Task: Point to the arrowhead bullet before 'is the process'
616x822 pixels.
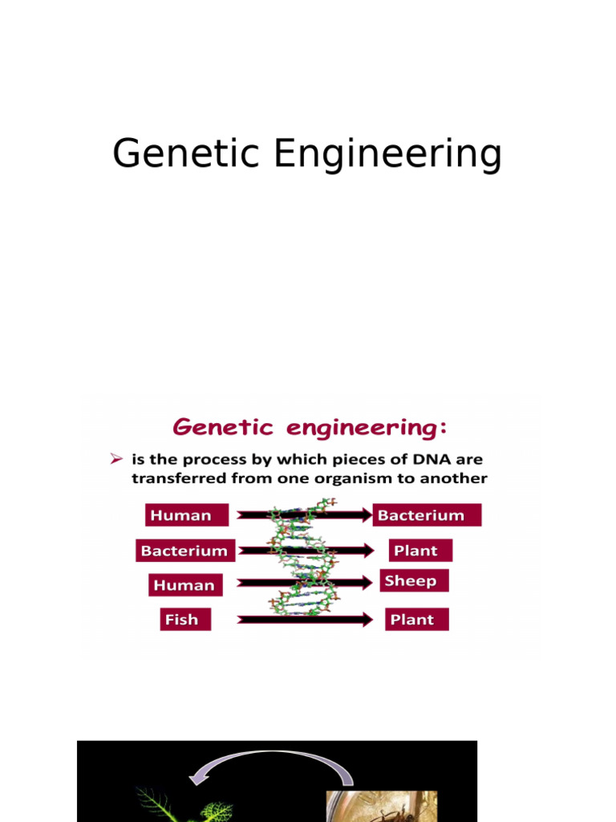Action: pos(116,459)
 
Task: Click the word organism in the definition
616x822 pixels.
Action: pos(354,478)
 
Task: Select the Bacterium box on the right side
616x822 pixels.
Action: pos(427,515)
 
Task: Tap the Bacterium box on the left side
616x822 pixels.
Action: pos(185,551)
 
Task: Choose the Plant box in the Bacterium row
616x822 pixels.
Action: pos(420,551)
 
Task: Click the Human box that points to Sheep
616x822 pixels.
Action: pos(184,585)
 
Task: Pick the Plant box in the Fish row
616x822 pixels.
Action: pos(416,620)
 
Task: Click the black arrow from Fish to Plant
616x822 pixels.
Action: pos(305,620)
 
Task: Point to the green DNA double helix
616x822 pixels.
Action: pos(300,562)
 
